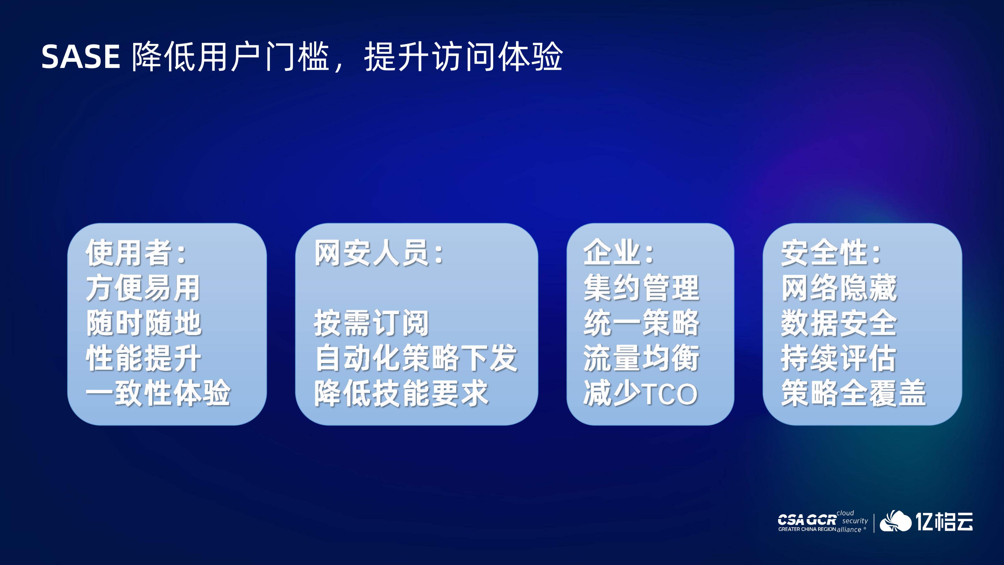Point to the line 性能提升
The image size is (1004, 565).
[143, 358]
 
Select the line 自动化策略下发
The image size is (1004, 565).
[416, 358]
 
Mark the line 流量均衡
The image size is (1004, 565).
[641, 358]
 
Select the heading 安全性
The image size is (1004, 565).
[824, 253]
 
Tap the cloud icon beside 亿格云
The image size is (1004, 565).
[895, 521]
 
